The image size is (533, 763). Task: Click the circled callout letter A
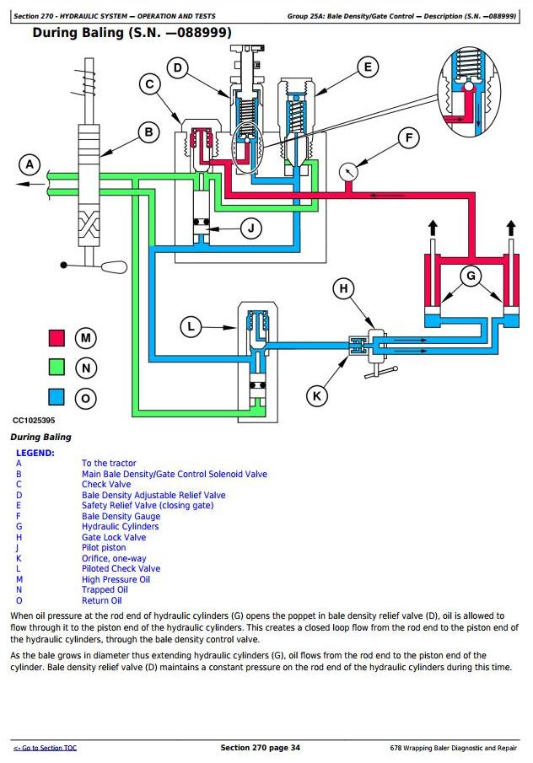coord(30,164)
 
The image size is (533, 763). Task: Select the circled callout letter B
coord(149,132)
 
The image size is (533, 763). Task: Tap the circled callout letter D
coord(176,68)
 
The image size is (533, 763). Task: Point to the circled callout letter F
coord(408,138)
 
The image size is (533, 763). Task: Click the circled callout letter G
coord(471,276)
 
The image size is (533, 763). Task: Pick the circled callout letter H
coord(343,289)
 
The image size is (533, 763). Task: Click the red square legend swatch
coord(57,338)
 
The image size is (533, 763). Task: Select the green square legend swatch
coord(57,368)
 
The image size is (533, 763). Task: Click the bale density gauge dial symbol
coord(348,171)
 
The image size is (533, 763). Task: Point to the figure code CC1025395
coord(34,420)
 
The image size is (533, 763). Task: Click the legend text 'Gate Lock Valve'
coord(113,537)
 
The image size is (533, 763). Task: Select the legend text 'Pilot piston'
coord(104,548)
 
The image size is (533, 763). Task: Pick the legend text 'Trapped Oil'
coord(105,590)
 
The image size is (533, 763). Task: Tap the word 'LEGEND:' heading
coord(35,453)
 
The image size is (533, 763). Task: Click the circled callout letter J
coord(250,228)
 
